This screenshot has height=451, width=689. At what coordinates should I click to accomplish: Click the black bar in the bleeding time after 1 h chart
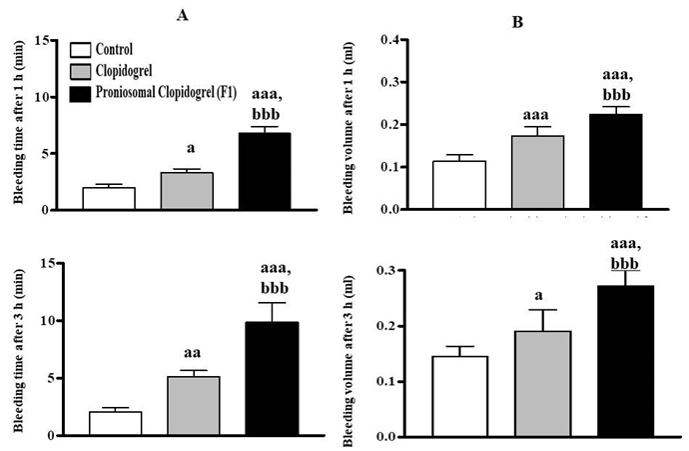click(x=266, y=171)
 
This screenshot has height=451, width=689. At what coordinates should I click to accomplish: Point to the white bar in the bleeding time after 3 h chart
click(x=115, y=423)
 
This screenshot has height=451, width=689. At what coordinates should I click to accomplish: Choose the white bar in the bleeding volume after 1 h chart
click(x=466, y=185)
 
